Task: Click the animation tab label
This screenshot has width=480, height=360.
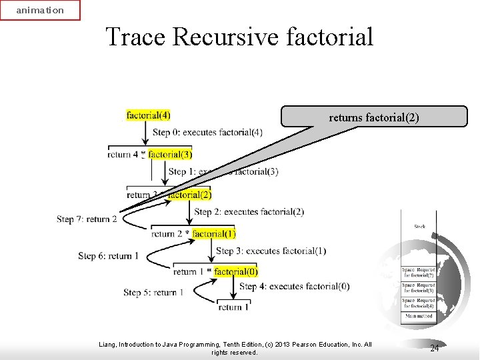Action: [40, 10]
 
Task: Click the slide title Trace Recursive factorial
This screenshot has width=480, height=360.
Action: [239, 37]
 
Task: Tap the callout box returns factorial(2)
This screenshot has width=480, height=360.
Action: [373, 117]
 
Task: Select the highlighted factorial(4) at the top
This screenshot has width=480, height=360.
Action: [148, 115]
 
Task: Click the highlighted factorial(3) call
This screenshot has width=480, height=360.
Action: [170, 155]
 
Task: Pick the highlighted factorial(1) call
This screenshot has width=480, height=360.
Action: [214, 234]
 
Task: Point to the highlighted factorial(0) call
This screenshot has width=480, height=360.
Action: [236, 272]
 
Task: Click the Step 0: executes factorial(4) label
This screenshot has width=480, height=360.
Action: [207, 133]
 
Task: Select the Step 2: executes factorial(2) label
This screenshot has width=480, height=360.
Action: [249, 212]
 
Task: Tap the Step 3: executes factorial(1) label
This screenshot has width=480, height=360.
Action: [271, 251]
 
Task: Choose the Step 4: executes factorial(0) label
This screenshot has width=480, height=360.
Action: [294, 287]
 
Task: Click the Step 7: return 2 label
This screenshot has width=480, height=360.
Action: [87, 219]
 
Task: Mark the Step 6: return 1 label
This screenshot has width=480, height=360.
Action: [109, 256]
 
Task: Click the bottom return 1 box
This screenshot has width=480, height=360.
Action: [230, 307]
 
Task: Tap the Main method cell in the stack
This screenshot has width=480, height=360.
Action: [419, 316]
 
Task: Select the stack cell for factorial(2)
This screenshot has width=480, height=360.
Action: [419, 273]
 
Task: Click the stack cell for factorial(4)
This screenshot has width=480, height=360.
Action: [419, 303]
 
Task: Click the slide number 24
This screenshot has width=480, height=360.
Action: [434, 349]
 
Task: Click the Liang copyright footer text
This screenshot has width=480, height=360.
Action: [235, 348]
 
